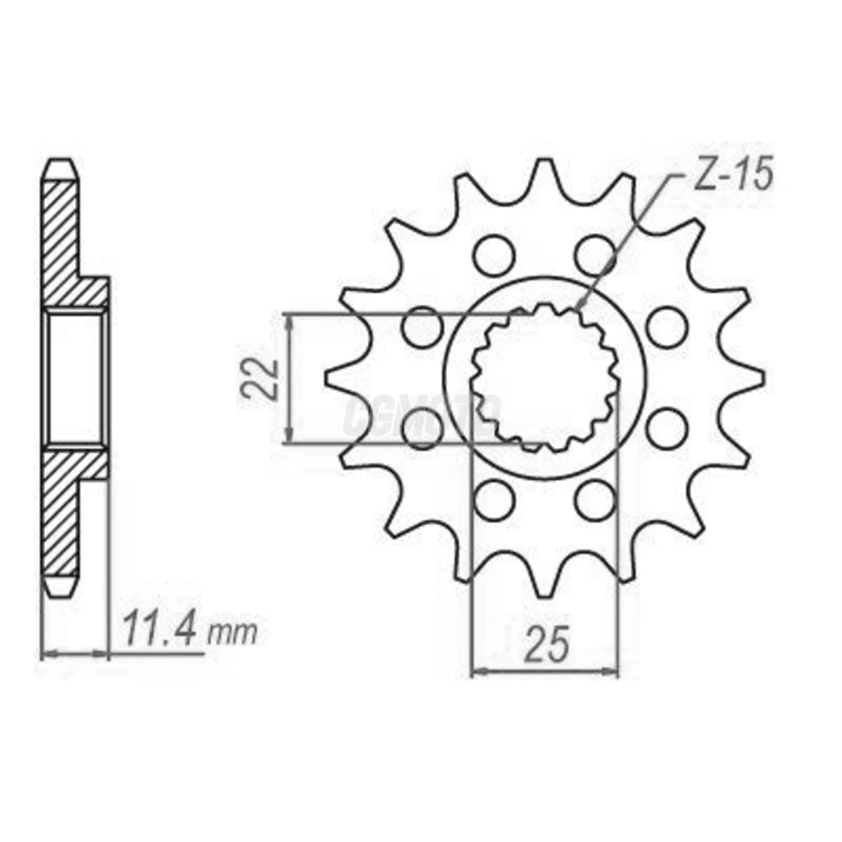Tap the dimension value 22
(260, 379)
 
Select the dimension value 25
(546, 644)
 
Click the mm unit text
(232, 633)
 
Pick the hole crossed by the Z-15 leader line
(594, 254)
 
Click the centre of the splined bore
(545, 379)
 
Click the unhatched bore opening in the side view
(75, 378)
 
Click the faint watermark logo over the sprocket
(421, 414)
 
